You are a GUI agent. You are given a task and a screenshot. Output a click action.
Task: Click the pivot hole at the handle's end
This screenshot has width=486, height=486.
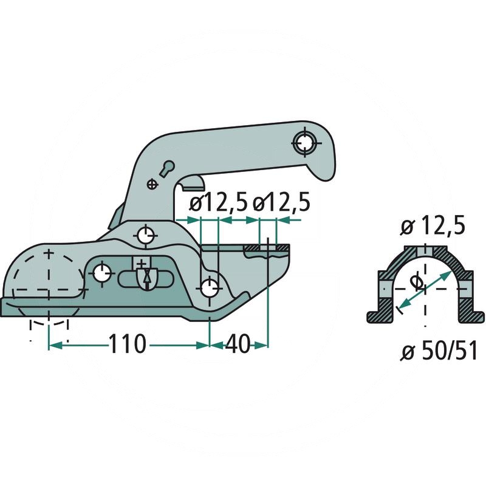[x=306, y=143]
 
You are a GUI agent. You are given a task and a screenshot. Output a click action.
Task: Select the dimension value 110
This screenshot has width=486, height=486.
[x=128, y=345]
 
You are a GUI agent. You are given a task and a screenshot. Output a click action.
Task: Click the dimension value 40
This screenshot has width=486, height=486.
[x=239, y=345]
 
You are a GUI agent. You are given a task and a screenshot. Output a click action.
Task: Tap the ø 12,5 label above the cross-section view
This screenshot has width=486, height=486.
[x=433, y=227]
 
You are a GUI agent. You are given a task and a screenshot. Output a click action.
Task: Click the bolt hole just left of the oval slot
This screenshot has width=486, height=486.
[x=101, y=273]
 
